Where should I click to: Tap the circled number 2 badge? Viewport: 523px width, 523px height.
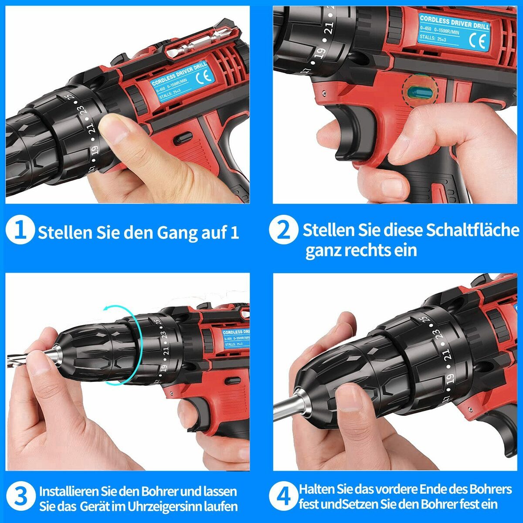[283, 230]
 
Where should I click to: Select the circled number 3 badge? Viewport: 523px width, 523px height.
[20, 497]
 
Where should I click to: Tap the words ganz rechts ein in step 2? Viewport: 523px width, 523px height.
[361, 251]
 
